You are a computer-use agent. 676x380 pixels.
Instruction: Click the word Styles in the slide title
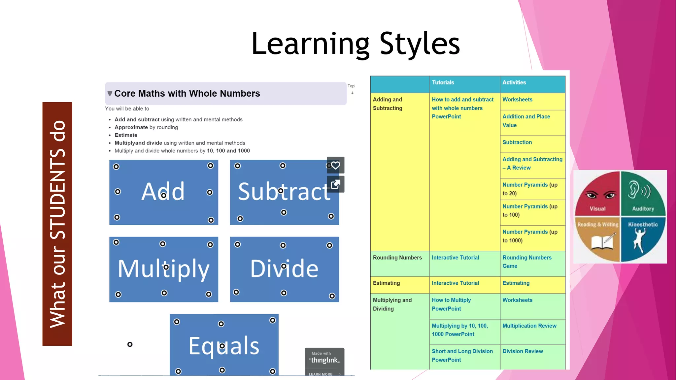click(x=420, y=44)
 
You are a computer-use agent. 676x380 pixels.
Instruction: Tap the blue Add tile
click(x=163, y=192)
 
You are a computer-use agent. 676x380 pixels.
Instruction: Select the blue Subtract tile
click(x=284, y=192)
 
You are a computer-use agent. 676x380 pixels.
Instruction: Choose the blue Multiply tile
click(x=163, y=269)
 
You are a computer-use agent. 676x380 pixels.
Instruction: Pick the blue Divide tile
click(x=284, y=269)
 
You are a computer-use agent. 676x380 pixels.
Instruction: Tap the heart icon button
click(x=335, y=165)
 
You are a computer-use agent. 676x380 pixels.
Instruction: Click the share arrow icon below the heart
click(x=335, y=184)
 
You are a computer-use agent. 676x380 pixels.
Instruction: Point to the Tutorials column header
click(x=443, y=82)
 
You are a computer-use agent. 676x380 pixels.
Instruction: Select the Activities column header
click(x=514, y=82)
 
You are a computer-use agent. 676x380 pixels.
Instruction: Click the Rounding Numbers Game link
click(x=527, y=262)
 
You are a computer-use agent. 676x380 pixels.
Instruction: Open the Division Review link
click(x=523, y=351)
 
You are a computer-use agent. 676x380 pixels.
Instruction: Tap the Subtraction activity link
click(x=517, y=142)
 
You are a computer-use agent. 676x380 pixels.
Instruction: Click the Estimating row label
click(x=386, y=283)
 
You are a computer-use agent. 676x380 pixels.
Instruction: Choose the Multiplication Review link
click(x=529, y=326)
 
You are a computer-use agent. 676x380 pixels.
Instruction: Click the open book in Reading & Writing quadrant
click(x=601, y=243)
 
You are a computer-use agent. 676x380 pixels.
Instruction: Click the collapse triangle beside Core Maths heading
click(x=110, y=94)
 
